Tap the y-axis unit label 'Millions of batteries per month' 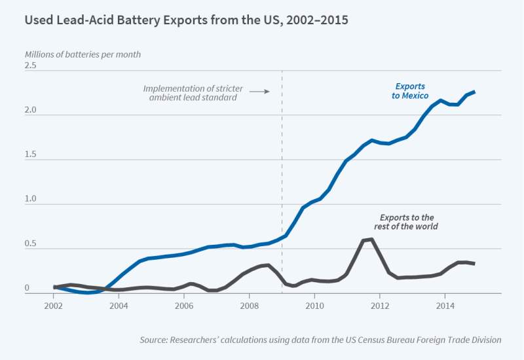[x=83, y=54]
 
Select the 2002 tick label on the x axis [x=54, y=306]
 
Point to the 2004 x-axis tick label [x=119, y=306]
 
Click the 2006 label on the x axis [x=184, y=306]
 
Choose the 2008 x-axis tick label [x=249, y=306]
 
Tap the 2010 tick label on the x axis [x=314, y=306]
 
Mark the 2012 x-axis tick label [x=380, y=306]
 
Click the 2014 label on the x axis [x=445, y=306]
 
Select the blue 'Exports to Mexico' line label [x=410, y=91]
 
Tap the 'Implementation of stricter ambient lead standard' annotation [x=190, y=92]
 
